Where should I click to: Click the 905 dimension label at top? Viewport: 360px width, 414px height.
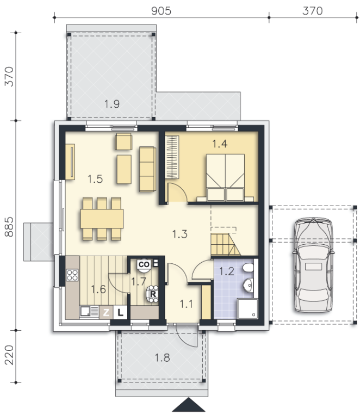(x=161, y=11)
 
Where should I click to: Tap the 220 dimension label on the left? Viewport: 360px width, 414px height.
(x=9, y=355)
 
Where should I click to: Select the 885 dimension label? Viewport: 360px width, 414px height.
(x=9, y=227)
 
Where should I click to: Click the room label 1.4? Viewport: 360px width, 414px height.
(x=220, y=144)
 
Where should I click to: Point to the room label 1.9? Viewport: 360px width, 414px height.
(x=112, y=104)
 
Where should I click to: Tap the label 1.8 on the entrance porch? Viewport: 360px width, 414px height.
(x=162, y=358)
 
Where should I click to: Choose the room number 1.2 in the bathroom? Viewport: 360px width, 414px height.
(x=227, y=271)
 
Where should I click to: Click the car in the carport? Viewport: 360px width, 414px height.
(x=313, y=265)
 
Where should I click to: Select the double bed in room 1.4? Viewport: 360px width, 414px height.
(x=225, y=178)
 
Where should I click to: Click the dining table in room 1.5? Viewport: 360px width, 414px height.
(x=102, y=219)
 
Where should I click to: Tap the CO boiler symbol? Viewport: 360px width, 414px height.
(x=144, y=265)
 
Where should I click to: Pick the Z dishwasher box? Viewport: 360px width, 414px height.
(x=106, y=313)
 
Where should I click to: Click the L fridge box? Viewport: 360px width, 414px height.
(x=120, y=313)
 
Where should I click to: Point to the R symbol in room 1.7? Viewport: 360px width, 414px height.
(x=153, y=294)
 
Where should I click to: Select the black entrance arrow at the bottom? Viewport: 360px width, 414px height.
(x=189, y=405)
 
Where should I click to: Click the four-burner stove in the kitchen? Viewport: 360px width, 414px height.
(x=72, y=275)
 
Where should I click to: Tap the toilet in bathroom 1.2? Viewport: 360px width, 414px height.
(x=248, y=268)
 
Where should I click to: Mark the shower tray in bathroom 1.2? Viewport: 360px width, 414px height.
(x=247, y=308)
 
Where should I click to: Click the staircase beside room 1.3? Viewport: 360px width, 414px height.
(x=225, y=244)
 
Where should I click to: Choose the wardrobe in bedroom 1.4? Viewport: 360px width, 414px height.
(x=172, y=157)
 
